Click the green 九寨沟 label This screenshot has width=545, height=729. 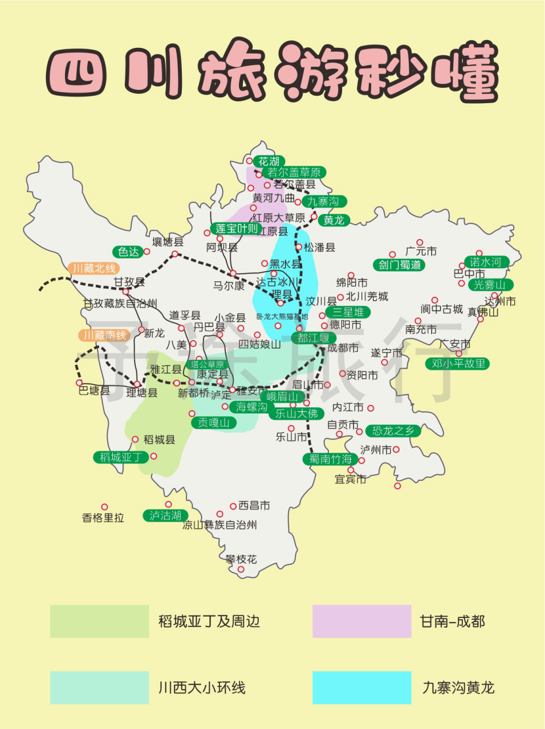click(x=324, y=202)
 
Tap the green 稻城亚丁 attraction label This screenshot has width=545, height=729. click(x=121, y=457)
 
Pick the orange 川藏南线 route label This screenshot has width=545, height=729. click(x=105, y=335)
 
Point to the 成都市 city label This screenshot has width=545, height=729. click(x=343, y=347)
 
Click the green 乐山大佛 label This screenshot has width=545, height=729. click(x=296, y=414)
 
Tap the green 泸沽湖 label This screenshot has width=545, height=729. click(x=165, y=515)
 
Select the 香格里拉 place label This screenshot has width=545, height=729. click(x=103, y=518)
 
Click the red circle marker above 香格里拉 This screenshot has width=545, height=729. click(x=104, y=506)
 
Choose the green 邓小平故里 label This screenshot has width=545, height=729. click(x=458, y=363)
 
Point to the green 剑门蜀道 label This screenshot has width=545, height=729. click(x=400, y=265)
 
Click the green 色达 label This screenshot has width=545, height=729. click(x=128, y=252)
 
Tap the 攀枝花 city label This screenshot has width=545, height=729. click(x=241, y=559)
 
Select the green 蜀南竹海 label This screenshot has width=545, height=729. click(x=330, y=459)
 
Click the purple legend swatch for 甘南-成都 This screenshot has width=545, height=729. click(x=361, y=621)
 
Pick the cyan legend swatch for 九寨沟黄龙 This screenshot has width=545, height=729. click(x=361, y=687)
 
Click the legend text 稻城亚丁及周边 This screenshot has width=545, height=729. click(x=209, y=621)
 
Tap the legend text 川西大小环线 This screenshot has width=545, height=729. click(x=202, y=687)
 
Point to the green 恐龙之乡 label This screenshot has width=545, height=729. click(x=393, y=431)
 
